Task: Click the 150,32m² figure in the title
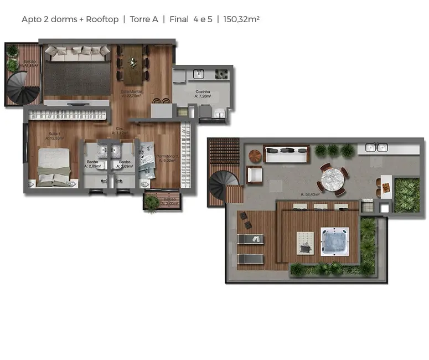tap(241, 19)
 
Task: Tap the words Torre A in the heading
tap(144, 19)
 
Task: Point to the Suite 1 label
tap(54, 134)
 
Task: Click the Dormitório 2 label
tap(167, 158)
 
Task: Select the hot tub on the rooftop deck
tap(336, 243)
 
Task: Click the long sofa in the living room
tap(77, 53)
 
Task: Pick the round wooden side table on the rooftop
tap(255, 156)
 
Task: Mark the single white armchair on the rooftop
tap(255, 176)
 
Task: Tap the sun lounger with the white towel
tap(250, 239)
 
